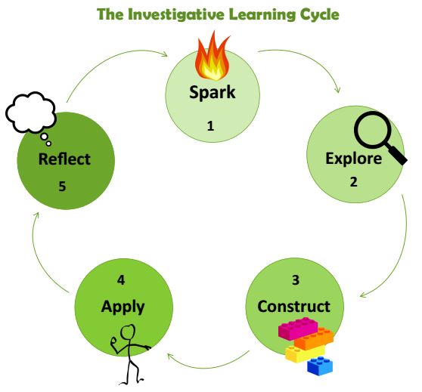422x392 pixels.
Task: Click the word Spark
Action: tap(213, 93)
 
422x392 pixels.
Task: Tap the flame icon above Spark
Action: tap(213, 57)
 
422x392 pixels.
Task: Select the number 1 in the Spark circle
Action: tap(210, 126)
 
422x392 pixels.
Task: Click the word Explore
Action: tap(354, 159)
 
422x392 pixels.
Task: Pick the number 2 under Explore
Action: tap(353, 182)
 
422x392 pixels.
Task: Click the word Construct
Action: tap(293, 307)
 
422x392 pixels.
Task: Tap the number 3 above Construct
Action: tap(296, 280)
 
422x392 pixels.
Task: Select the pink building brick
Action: tap(298, 328)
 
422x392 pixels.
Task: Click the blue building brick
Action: tap(320, 366)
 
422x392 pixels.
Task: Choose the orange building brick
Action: tap(314, 339)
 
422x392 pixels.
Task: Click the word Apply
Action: tap(123, 307)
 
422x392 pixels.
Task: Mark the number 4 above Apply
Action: tap(121, 280)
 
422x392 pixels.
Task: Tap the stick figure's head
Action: tap(128, 332)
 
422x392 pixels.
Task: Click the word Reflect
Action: tap(64, 159)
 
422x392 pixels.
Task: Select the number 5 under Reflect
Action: tap(62, 187)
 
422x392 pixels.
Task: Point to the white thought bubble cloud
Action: tap(31, 113)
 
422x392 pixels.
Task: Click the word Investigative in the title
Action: tap(176, 14)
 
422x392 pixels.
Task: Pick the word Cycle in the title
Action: tap(319, 15)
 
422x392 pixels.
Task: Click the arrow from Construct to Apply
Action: tap(208, 366)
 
